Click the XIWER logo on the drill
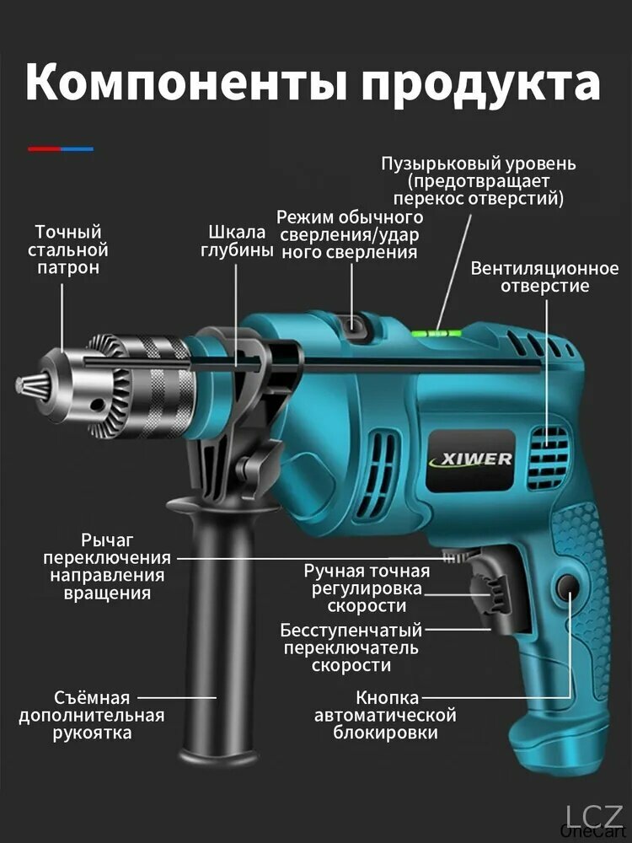point(471,460)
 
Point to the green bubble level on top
point(437,332)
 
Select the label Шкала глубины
point(237,241)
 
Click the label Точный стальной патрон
point(67,250)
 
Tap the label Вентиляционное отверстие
point(544,277)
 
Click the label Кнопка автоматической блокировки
point(385,715)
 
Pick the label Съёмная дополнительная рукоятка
point(92,715)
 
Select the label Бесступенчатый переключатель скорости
point(351,647)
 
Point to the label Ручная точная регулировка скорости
point(367,588)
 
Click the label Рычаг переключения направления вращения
point(107,566)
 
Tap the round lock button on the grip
point(567,586)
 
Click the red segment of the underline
point(45,149)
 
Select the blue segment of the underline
point(78,149)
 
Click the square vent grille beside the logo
point(548,458)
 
